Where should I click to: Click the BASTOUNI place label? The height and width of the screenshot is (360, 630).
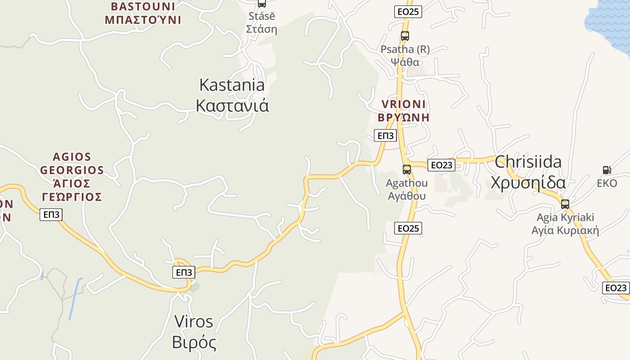pos(143,13)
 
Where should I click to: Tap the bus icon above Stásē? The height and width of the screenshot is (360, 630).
pos(261,3)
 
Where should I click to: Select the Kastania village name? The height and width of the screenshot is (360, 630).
pos(232,95)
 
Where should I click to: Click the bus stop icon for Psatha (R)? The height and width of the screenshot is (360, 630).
pos(405,36)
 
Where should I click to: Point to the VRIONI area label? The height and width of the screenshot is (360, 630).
pos(403,111)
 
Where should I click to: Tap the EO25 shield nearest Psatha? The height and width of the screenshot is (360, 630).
pos(408,12)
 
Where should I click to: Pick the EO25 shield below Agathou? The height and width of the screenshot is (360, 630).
pos(409,228)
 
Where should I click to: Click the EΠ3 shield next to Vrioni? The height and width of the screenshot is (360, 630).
pos(385,135)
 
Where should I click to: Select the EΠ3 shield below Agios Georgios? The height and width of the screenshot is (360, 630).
pos(51,215)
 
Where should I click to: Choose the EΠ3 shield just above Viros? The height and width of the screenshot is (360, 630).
pos(184,272)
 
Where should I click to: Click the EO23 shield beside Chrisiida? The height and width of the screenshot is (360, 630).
pos(441,165)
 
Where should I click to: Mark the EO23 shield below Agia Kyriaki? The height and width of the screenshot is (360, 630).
pos(616,288)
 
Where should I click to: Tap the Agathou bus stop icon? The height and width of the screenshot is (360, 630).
pos(407,170)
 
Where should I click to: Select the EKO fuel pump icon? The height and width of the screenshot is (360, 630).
pos(607,170)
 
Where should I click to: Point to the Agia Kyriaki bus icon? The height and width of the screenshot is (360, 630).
pos(565,204)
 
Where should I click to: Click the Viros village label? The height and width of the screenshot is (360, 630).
pos(194,332)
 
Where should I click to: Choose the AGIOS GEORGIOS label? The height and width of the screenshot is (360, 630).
pos(72,177)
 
